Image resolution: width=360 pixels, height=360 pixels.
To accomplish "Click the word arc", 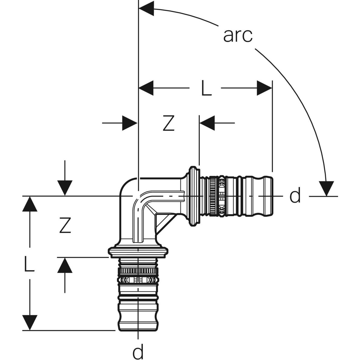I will (238, 35).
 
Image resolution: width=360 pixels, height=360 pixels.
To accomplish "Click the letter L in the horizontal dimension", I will (206, 88).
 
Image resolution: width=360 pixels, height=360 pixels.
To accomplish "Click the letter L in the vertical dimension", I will (29, 264).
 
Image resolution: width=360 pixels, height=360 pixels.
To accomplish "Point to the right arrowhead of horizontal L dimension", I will (264, 88).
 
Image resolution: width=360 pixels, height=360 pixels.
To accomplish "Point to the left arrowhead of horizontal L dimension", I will (146, 88).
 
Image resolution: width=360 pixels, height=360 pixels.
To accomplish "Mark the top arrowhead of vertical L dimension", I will (29, 204).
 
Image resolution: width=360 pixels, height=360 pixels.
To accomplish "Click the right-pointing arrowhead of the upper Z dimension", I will (130, 123).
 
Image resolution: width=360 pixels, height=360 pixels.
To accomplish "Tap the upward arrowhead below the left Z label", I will (65, 265).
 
